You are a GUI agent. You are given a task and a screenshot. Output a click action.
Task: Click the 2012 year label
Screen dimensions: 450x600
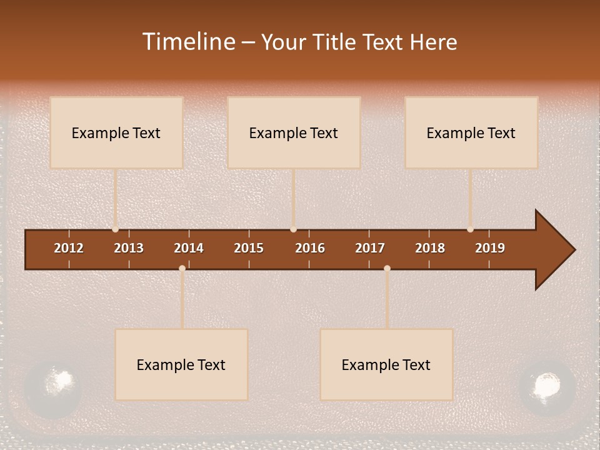pos(69,248)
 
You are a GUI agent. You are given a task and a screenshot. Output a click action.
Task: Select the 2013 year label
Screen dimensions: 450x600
pos(129,248)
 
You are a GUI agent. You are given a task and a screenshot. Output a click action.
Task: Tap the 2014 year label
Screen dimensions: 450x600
pos(189,248)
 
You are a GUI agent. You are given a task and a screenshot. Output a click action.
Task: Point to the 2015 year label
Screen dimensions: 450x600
pos(249,248)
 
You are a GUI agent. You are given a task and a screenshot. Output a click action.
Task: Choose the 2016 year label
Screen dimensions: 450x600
pos(310,248)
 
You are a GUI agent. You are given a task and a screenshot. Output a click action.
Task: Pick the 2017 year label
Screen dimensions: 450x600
pos(370,248)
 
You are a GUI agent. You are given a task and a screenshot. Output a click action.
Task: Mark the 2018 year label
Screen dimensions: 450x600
pos(430,248)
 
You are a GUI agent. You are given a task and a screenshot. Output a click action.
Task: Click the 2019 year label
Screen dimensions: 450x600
pos(490,248)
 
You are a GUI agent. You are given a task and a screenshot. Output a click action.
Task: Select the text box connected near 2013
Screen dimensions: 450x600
pos(116,132)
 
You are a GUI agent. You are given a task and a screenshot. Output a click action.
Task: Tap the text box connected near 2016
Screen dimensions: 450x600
pos(294,132)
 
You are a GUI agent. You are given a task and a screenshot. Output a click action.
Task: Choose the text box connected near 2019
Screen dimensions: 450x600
pos(471,132)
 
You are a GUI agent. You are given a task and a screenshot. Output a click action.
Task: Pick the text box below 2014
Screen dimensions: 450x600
pos(181,364)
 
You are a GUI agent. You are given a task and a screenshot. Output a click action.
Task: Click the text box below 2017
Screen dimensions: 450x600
pos(386,364)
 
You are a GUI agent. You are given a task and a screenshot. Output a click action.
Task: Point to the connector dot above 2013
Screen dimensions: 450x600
pos(115,229)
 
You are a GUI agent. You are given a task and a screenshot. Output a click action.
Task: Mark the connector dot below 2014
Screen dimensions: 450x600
pos(182,268)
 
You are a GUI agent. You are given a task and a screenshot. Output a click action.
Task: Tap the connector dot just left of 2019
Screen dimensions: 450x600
pos(470,229)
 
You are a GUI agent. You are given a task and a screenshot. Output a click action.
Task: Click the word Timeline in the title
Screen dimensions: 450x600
pos(188,42)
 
